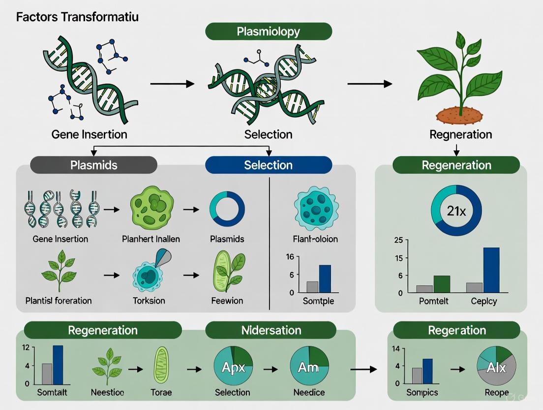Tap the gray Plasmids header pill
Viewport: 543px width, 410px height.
click(93, 165)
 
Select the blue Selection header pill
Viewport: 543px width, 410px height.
click(269, 165)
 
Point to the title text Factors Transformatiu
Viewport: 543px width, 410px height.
click(77, 17)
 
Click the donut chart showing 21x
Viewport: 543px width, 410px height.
click(456, 210)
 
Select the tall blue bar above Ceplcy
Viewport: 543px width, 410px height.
click(491, 270)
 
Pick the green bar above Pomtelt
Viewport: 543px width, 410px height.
click(442, 284)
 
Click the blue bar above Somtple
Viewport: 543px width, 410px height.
click(325, 278)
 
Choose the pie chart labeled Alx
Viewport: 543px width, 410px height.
click(496, 367)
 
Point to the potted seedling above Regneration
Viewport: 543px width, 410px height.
click(458, 79)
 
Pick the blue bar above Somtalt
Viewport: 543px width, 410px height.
click(58, 365)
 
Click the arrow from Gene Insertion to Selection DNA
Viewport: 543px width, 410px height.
click(172, 84)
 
